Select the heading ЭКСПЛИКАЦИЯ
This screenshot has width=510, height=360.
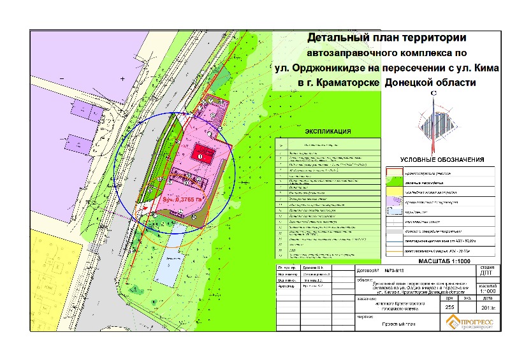pyautogui.click(x=328, y=132)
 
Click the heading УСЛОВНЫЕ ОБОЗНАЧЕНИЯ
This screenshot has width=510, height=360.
pyautogui.click(x=442, y=159)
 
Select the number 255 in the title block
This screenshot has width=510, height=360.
pyautogui.click(x=449, y=308)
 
